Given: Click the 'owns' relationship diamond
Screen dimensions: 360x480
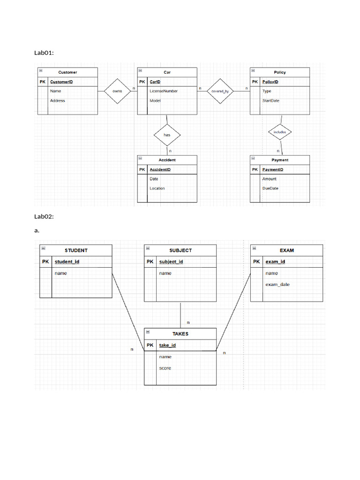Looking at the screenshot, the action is [117, 91].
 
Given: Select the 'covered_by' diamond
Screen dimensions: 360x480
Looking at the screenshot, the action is [220, 91].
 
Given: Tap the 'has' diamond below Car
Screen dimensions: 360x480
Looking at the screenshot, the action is [167, 135].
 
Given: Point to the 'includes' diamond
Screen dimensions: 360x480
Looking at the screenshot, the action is [280, 132].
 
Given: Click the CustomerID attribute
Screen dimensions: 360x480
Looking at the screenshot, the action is [61, 82].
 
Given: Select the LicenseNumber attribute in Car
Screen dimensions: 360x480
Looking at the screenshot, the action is [164, 91].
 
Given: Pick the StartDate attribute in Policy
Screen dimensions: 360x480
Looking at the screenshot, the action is [270, 100].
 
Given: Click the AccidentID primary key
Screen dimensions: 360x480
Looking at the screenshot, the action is [160, 170].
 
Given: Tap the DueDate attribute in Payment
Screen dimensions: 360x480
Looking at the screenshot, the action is [270, 188].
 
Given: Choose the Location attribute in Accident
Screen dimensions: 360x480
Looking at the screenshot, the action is [157, 188].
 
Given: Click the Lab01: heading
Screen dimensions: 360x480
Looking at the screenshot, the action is [44, 53].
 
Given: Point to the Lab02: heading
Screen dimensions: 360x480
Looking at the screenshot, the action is [44, 217].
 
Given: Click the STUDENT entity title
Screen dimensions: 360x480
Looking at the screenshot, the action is [76, 250].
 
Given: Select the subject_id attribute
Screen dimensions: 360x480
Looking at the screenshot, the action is [171, 262].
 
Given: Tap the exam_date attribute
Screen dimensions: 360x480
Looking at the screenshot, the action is [277, 285].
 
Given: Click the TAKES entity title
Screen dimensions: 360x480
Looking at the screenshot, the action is [180, 334].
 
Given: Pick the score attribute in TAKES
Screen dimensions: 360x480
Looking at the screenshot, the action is [165, 368].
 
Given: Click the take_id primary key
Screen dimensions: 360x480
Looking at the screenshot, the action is [167, 345].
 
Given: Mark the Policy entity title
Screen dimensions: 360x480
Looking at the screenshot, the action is [280, 72].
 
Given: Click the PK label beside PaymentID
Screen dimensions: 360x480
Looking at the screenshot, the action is [255, 170].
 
